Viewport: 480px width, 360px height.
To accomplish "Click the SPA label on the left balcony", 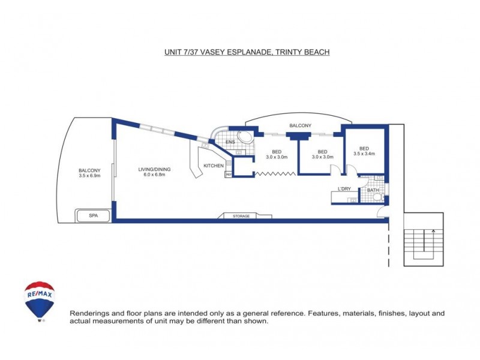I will click(x=93, y=215).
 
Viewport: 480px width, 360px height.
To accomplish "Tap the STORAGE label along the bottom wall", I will click(x=242, y=215).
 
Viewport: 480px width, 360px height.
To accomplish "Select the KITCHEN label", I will click(x=214, y=166).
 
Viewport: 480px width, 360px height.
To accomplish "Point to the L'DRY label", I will click(x=344, y=190).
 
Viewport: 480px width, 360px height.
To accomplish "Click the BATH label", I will click(x=373, y=190).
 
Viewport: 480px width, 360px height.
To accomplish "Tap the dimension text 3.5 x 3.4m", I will click(x=364, y=154).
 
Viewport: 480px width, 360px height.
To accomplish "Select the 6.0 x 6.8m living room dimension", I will click(x=155, y=175).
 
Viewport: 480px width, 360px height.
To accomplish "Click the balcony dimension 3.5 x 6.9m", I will click(x=89, y=176).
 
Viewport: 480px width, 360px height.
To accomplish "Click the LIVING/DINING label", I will click(x=155, y=169).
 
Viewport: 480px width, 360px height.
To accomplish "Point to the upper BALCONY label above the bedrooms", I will click(x=300, y=125).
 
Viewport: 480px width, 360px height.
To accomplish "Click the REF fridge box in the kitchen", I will click(x=229, y=174).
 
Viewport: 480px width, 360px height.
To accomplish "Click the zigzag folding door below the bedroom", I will click(x=275, y=174).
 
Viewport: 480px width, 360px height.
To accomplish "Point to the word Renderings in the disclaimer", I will click(x=90, y=313).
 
